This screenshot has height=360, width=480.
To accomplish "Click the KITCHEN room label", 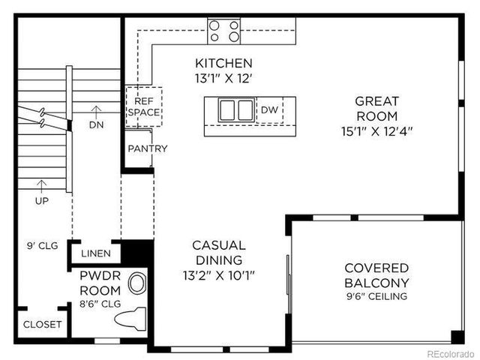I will (223, 63).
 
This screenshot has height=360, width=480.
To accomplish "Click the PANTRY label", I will (148, 148).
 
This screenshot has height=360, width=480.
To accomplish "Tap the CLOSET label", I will (43, 325).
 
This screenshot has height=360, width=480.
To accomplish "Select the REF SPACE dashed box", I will (142, 106).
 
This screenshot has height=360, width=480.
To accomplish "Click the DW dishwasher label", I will (269, 110).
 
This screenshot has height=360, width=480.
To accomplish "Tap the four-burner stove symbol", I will (224, 30).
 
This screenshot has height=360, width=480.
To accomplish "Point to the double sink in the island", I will (235, 110).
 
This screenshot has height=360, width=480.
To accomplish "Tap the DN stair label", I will (96, 124).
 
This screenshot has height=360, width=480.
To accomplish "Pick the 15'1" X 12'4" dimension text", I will (377, 130).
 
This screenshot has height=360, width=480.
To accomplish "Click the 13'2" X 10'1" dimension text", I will (218, 275).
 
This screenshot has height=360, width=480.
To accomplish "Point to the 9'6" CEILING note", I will (376, 296).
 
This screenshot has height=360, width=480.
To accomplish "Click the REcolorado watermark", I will (450, 352).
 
